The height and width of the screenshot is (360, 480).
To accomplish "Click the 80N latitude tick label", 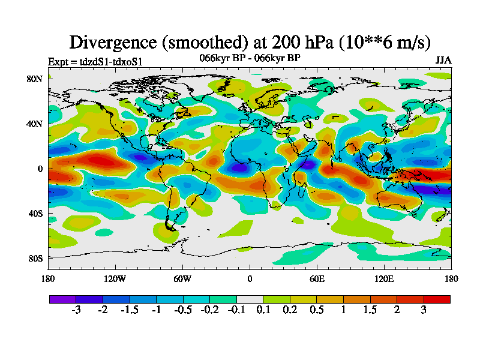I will tap(34, 79).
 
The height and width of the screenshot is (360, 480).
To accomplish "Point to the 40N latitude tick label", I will tap(34, 124).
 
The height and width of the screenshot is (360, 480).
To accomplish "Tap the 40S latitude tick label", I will tap(34, 213).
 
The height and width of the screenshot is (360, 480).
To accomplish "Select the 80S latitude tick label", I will tap(34, 258).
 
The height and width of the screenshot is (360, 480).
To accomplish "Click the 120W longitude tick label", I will tap(115, 278).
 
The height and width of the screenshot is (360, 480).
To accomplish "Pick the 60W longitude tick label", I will tap(182, 278).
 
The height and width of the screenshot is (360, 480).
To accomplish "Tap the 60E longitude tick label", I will tap(317, 278).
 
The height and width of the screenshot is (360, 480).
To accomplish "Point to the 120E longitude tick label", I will tap(384, 278).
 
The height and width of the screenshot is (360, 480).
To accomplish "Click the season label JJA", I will tap(443, 61).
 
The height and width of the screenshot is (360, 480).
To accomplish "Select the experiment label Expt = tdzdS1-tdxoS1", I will tap(95, 61).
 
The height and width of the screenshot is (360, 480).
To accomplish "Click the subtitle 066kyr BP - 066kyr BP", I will tap(250, 58).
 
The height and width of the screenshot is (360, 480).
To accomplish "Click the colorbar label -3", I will tap(76, 310).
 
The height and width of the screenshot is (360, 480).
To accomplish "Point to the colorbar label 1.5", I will tap(370, 310).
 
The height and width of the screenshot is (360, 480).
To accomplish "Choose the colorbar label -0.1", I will tap(236, 310).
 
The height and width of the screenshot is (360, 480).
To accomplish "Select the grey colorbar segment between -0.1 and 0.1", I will tap(250, 299).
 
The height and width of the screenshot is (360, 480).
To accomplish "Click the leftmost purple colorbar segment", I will tap(62, 299).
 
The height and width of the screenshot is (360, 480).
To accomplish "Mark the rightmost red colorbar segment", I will tap(437, 299).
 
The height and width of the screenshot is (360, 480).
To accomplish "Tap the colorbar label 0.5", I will tap(317, 310).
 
